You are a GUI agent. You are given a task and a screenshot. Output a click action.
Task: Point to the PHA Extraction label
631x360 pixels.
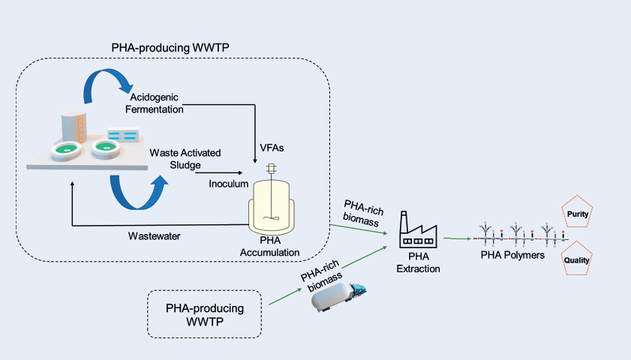(x=418, y=263)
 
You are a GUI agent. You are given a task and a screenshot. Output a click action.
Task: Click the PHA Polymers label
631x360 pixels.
(x=512, y=256)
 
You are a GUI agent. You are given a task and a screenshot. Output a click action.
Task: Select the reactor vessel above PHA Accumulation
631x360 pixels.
(x=270, y=202)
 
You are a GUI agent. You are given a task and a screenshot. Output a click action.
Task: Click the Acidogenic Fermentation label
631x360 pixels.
(x=158, y=103)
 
